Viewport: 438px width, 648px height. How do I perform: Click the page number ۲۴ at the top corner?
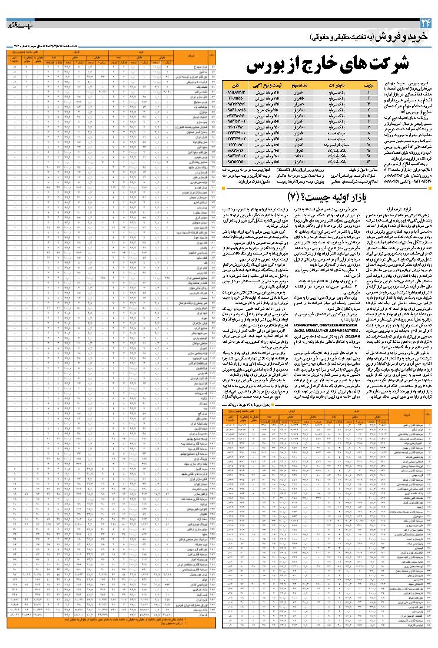[425, 23]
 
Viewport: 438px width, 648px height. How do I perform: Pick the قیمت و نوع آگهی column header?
[274, 86]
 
